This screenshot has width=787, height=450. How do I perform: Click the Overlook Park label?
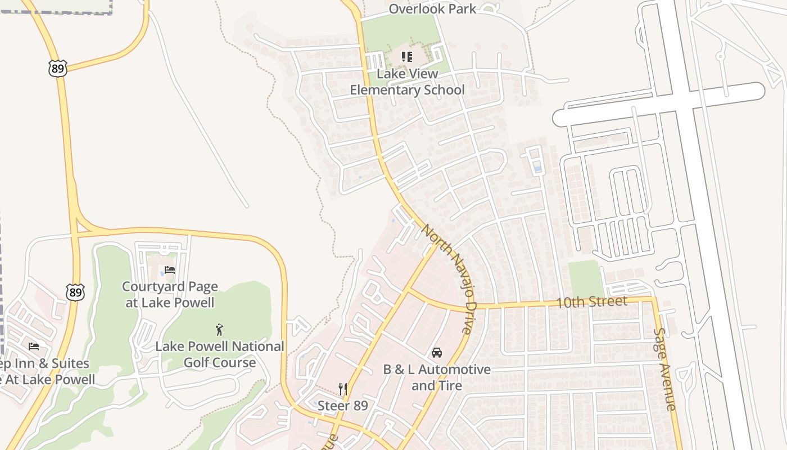point(432,9)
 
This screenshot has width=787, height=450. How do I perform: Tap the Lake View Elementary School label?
point(407,82)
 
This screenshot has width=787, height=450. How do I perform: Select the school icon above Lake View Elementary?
point(406,57)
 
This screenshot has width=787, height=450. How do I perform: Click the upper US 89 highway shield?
point(57,68)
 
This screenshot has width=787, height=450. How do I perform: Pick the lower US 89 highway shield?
point(75,292)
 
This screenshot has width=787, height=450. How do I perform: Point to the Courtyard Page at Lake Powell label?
point(170,294)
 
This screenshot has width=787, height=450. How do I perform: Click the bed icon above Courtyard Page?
point(170,271)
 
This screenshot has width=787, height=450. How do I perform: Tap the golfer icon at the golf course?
point(219,330)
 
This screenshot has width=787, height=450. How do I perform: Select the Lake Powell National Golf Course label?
point(220,354)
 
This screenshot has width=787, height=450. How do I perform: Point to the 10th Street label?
point(591,302)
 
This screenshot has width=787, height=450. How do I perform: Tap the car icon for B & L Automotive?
point(436,353)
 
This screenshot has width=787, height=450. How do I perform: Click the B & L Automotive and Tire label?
point(437,377)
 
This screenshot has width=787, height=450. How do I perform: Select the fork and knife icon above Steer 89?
point(342,389)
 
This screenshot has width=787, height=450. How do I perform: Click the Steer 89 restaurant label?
point(342,406)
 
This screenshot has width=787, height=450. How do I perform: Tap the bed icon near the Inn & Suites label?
point(34,346)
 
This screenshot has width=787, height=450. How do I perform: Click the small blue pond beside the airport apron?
point(539,168)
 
